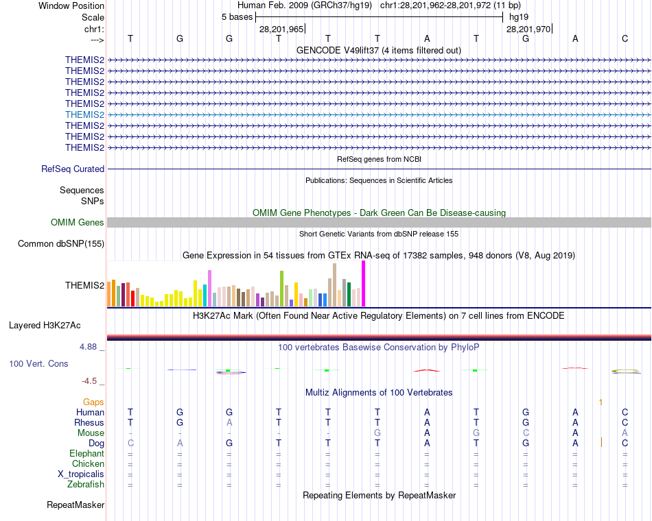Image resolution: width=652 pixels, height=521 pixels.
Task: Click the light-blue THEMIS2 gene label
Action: coord(84,114)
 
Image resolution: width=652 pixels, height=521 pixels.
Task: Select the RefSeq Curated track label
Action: coord(73,169)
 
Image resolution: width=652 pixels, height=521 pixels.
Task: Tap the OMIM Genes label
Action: coord(78,222)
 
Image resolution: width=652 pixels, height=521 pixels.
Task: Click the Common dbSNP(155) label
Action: coord(61,243)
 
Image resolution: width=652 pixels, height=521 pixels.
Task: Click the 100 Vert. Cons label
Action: coord(38,363)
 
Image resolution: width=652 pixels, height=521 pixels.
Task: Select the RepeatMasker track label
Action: coord(75,505)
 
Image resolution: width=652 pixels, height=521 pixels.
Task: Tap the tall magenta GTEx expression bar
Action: coord(363,284)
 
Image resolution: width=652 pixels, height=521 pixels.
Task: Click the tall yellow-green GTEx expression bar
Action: coord(281,288)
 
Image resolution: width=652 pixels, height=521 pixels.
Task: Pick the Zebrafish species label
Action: coord(86,485)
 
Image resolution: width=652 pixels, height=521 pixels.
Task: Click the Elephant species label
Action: coord(86,454)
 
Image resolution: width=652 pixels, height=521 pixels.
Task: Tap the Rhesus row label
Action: coord(89,423)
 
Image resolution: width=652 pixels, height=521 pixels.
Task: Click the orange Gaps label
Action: coord(93,402)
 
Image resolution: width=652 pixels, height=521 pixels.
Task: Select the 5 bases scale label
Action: coord(237,17)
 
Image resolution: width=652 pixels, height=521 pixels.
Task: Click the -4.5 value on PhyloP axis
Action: coord(91,380)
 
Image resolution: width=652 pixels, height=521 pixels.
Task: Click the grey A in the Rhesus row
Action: coord(229,423)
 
